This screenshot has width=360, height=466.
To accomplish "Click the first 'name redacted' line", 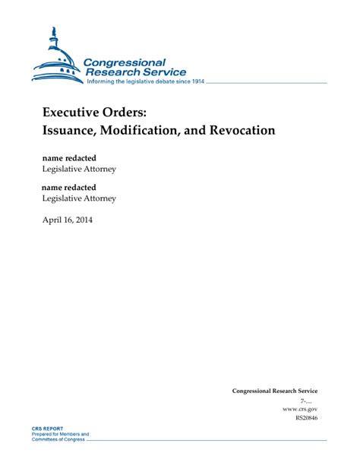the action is click(x=68, y=157).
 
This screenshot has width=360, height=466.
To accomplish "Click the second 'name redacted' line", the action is click(x=68, y=186).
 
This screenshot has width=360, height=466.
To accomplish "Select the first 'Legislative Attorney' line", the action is click(x=79, y=169).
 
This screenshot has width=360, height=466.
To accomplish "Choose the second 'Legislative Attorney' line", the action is click(x=79, y=198).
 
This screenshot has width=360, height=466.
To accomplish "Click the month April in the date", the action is click(x=53, y=220).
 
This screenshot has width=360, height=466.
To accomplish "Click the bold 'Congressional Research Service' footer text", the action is click(x=275, y=391).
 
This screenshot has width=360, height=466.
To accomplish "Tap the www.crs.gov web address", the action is click(x=300, y=408).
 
